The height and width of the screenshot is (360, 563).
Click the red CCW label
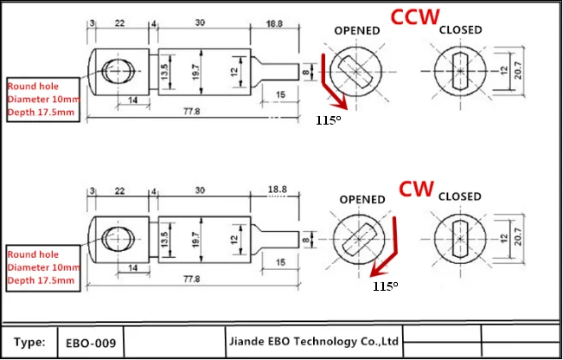415,16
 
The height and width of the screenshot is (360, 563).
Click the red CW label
417,189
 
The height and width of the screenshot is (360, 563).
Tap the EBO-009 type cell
91,343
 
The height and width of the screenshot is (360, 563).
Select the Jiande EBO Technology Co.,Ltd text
314,341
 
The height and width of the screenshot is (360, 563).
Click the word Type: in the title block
29,342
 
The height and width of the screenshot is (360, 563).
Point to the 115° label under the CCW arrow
328,120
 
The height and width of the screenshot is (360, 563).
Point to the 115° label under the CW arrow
385,286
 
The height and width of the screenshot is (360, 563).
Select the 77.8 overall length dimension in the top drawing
191,111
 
